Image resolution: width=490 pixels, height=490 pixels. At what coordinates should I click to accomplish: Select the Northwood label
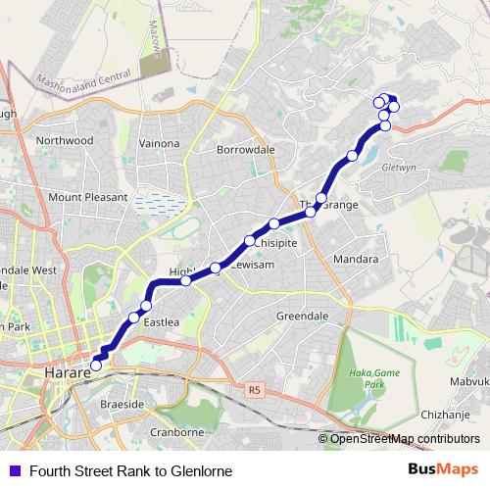[65, 141]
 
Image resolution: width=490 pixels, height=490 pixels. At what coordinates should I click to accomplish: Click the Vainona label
[160, 143]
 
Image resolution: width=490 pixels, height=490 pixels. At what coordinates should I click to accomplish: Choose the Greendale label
[302, 317]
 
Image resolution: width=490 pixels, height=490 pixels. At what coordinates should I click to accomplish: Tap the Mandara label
[356, 260]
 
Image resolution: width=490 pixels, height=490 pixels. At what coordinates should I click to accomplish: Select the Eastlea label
[162, 321]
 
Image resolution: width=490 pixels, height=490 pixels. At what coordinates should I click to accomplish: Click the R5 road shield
[255, 389]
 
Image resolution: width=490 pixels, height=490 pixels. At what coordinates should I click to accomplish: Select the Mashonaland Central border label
[83, 73]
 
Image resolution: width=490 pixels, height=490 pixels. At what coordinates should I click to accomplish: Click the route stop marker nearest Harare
[95, 367]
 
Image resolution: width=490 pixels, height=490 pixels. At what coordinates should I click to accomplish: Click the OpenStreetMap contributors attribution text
[399, 438]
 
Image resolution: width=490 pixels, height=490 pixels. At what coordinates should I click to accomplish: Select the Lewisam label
[251, 266]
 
